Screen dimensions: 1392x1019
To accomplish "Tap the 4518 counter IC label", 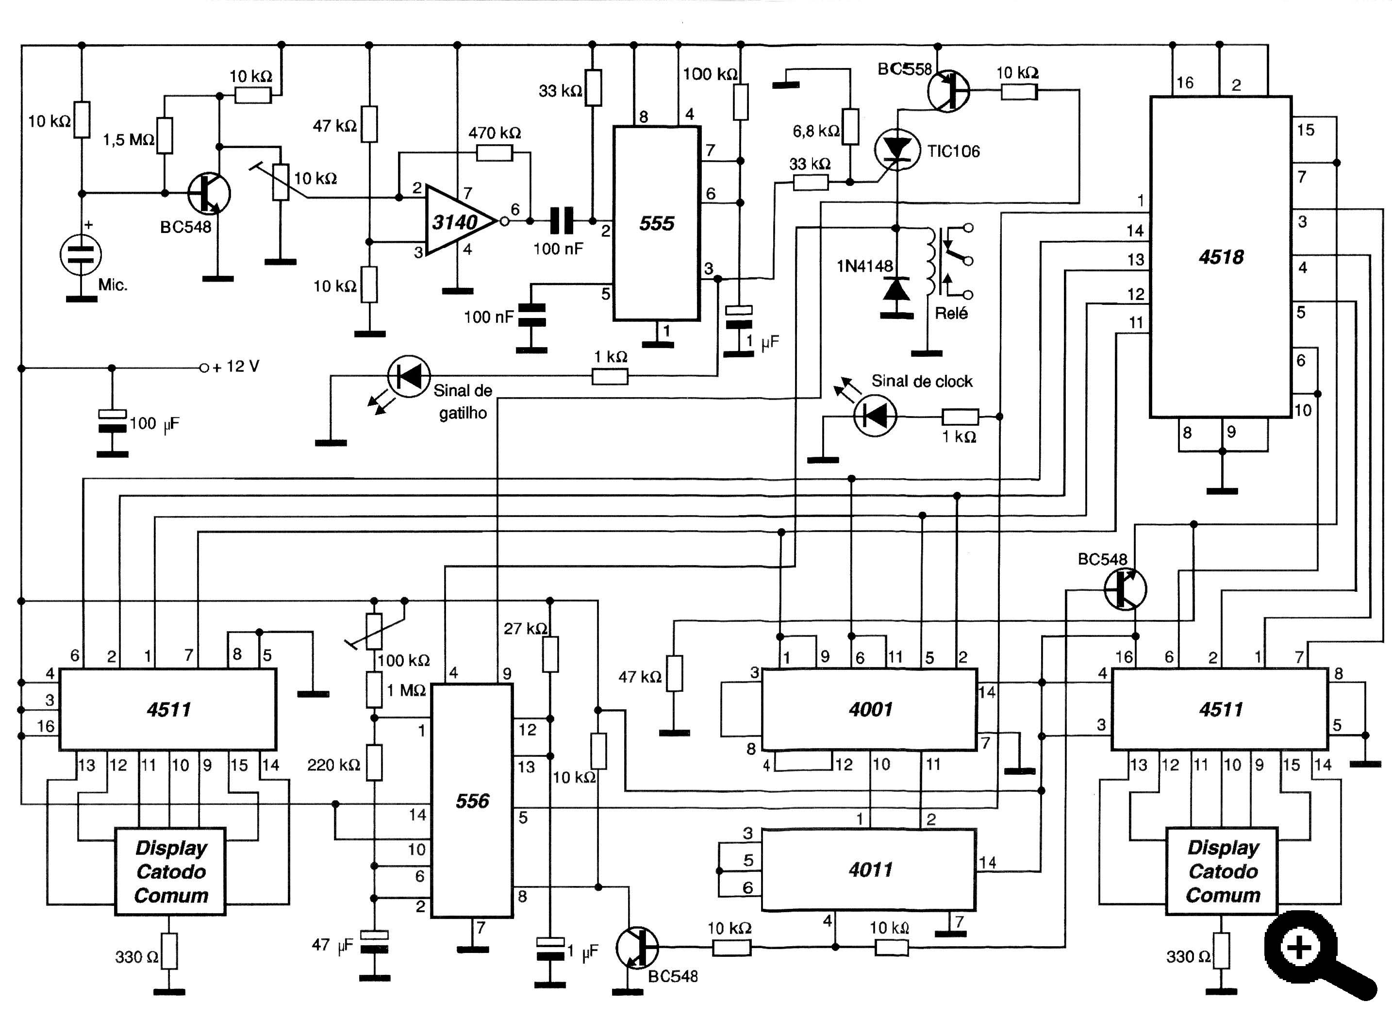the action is click(1221, 257).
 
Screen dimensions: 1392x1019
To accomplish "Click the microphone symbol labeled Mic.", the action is click(81, 254).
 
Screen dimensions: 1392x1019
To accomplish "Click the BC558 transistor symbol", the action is click(948, 91).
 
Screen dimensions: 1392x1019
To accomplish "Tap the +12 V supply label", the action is click(236, 367).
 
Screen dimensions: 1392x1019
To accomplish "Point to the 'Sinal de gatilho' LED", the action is click(408, 376).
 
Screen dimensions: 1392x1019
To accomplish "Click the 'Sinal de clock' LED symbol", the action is click(875, 416).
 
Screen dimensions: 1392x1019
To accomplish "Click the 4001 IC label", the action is click(870, 709).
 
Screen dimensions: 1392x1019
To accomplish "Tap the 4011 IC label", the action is click(870, 870).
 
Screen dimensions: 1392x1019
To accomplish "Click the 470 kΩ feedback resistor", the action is click(495, 152).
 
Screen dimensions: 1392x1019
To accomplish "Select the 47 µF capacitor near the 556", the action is click(374, 942).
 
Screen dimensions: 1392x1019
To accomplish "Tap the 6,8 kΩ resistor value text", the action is click(815, 131).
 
